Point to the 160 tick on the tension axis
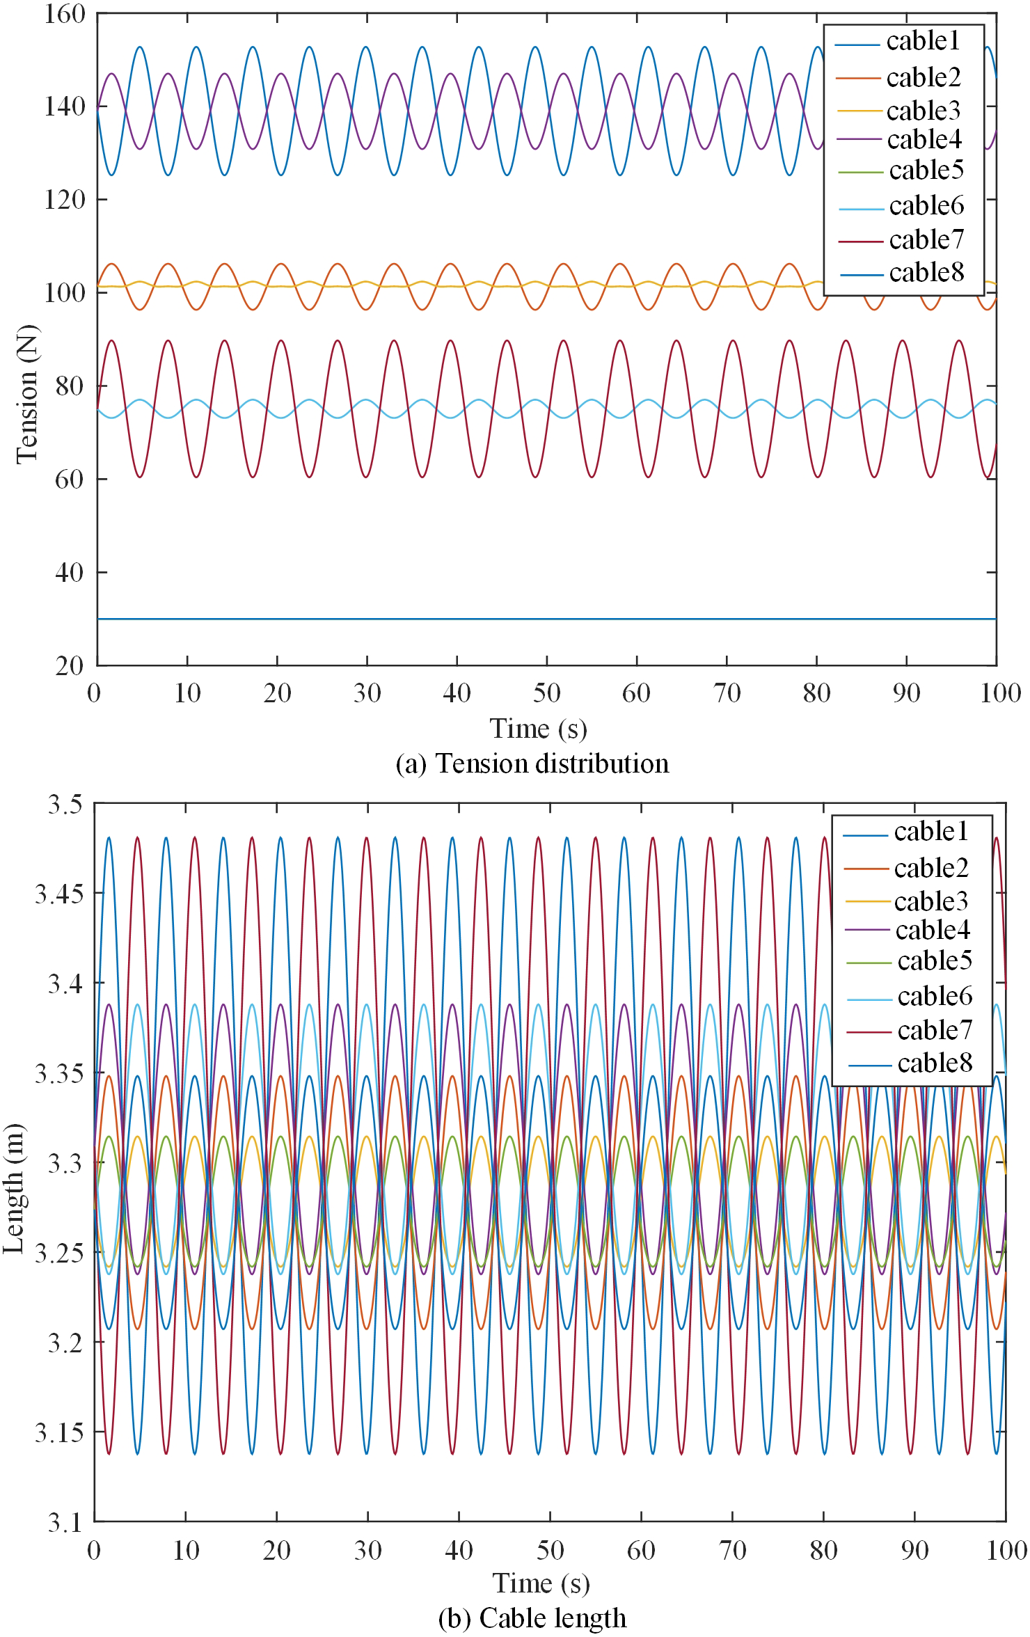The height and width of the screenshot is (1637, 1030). pyautogui.click(x=64, y=14)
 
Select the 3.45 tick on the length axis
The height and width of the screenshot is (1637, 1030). pyautogui.click(x=59, y=893)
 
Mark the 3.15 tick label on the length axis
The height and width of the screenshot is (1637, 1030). pyautogui.click(x=59, y=1432)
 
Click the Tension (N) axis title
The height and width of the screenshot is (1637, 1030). pyautogui.click(x=26, y=394)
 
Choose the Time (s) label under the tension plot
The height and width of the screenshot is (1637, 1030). pyautogui.click(x=538, y=729)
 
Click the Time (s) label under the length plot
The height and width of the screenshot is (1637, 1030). pyautogui.click(x=541, y=1583)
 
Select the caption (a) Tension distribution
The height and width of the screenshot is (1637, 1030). pyautogui.click(x=532, y=764)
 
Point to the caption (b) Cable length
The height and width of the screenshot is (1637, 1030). pyautogui.click(x=532, y=1618)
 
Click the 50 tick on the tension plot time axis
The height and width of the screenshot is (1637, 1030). pyautogui.click(x=547, y=693)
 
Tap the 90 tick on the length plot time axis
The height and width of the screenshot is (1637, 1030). pyautogui.click(x=914, y=1551)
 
